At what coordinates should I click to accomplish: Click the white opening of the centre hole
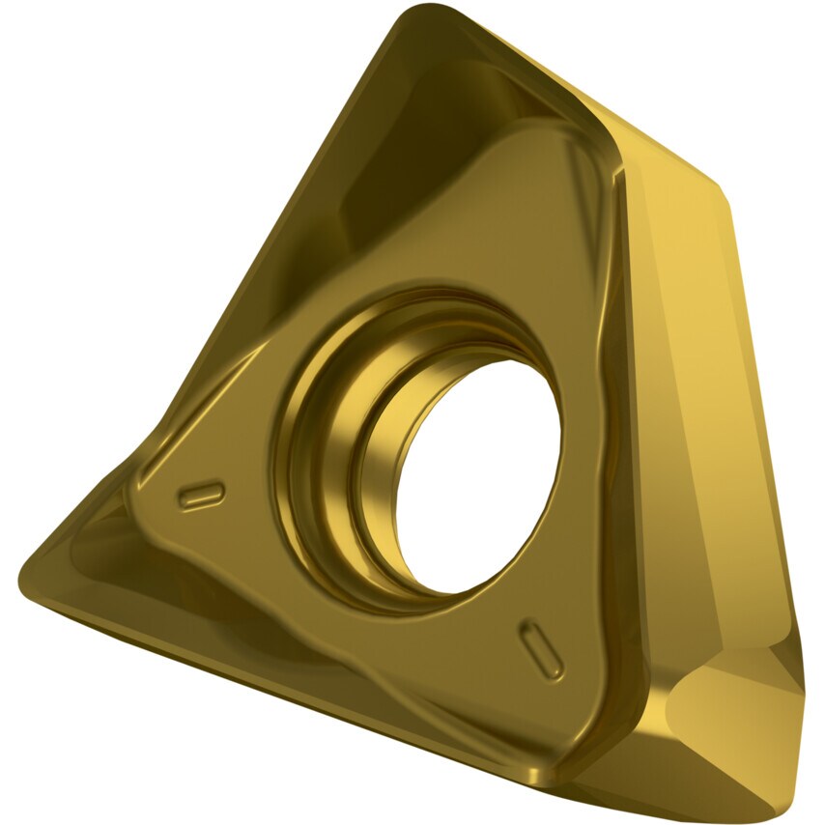click(x=483, y=473)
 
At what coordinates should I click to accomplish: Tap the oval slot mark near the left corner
click(x=202, y=495)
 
